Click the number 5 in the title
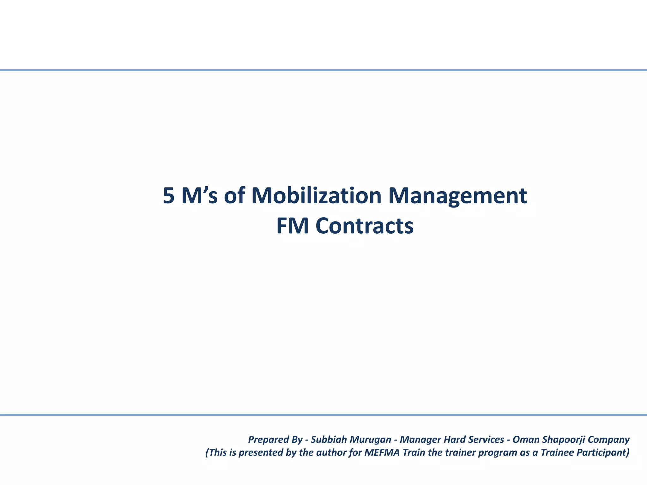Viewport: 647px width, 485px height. pyautogui.click(x=169, y=196)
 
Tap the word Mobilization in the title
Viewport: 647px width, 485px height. pyautogui.click(x=317, y=196)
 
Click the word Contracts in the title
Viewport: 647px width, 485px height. pyautogui.click(x=365, y=226)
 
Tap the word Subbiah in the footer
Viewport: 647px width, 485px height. pyautogui.click(x=327, y=440)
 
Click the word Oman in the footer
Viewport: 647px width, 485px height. pyautogui.click(x=526, y=440)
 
